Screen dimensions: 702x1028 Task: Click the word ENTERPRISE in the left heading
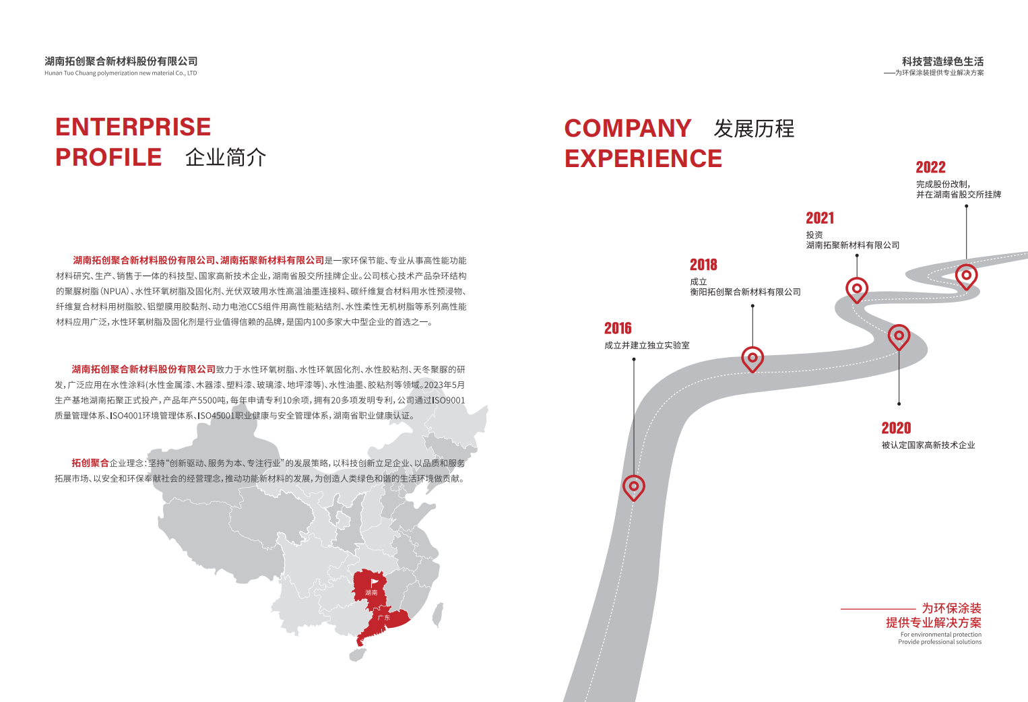133,127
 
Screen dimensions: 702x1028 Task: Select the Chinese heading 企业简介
226,158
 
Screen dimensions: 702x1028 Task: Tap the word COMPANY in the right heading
628,129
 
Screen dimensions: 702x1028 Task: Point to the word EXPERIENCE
643,159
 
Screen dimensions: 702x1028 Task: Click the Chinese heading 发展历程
754,129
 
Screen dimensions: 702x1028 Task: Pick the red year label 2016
618,329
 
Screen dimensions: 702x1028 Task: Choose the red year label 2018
703,265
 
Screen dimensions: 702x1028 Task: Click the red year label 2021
820,218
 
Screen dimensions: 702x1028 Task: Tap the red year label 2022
930,168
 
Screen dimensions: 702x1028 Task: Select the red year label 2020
896,428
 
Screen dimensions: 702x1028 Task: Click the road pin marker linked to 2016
633,486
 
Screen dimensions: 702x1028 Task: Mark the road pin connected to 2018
752,358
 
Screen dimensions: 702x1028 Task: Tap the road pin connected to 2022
966,275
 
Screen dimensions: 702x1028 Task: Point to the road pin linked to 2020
899,336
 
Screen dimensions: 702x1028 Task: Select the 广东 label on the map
384,618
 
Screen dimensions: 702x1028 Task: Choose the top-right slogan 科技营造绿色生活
942,61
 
